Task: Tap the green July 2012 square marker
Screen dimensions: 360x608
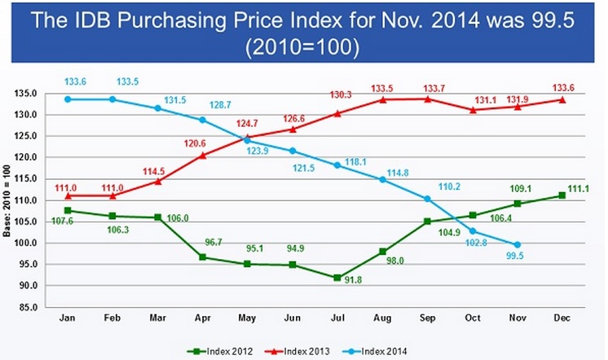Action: point(336,278)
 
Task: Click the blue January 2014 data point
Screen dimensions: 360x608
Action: point(68,99)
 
